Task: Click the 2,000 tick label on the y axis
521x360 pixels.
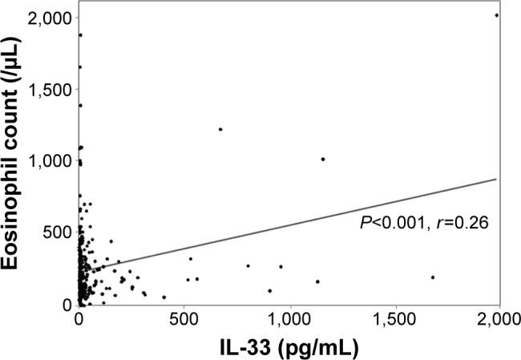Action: pos(50,17)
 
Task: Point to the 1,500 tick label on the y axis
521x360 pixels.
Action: pos(50,89)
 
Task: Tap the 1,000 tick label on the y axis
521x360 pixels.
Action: pos(50,160)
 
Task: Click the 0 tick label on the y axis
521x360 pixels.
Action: pos(67,305)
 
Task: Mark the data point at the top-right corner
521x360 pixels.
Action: pos(497,15)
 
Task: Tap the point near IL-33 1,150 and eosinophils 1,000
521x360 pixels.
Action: pos(323,160)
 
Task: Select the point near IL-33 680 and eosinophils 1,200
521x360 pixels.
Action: pos(220,129)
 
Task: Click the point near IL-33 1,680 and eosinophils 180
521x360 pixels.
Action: pos(433,277)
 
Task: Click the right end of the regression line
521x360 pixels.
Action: pos(498,179)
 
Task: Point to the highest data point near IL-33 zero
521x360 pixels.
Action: pos(80,34)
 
